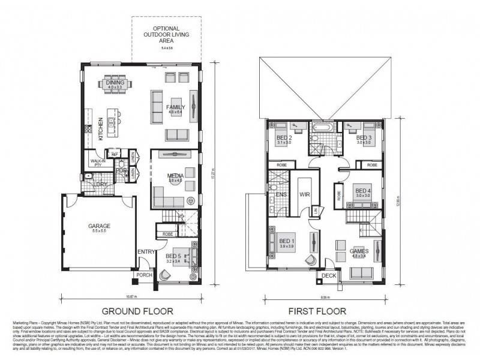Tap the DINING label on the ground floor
coord(115,83)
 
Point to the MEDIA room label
coord(175,176)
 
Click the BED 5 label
coord(173,256)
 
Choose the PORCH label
coord(145,275)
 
